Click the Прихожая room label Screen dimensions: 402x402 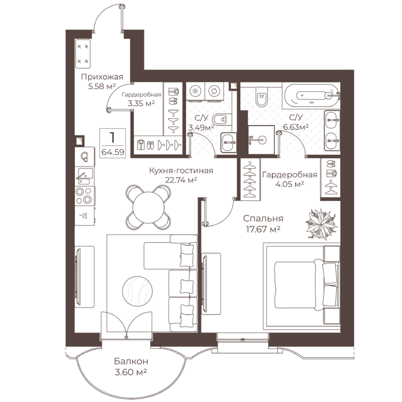pyautogui.click(x=102, y=77)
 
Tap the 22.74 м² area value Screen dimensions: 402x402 pyautogui.click(x=181, y=180)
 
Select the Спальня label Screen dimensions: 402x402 pyautogui.click(x=263, y=219)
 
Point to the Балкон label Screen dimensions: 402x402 pyautogui.click(x=131, y=361)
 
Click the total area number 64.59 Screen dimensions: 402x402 pyautogui.click(x=113, y=152)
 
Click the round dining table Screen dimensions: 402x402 pyautogui.click(x=149, y=208)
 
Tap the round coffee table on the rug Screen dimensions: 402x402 pyautogui.click(x=137, y=291)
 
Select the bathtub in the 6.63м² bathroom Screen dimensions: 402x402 pyautogui.click(x=311, y=95)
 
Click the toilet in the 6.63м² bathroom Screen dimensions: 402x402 pyautogui.click(x=262, y=96)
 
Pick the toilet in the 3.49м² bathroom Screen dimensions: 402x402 pyautogui.click(x=220, y=119)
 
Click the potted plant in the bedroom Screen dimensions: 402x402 pyautogui.click(x=322, y=224)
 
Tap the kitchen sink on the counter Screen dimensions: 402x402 pyautogui.click(x=84, y=176)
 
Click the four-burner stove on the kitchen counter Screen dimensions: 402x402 pyautogui.click(x=84, y=196)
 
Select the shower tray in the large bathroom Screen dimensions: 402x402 pyautogui.click(x=261, y=140)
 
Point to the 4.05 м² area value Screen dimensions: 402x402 pyautogui.click(x=290, y=184)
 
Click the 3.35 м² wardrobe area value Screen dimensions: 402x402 pyautogui.click(x=141, y=104)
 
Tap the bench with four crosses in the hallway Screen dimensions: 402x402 pyautogui.click(x=83, y=54)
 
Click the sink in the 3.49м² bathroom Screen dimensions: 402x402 pyautogui.click(x=229, y=143)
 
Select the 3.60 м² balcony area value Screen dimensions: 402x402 pyautogui.click(x=131, y=372)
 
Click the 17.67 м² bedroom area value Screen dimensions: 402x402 pyautogui.click(x=263, y=229)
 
